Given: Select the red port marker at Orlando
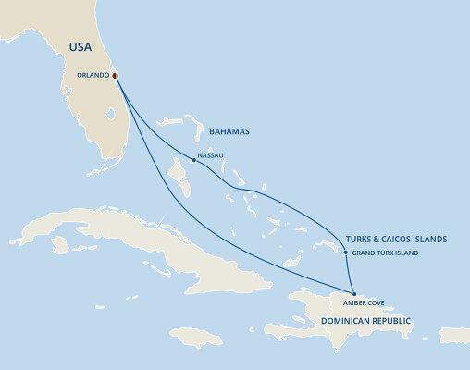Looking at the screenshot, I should [115, 75].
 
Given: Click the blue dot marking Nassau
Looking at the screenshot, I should [192, 160].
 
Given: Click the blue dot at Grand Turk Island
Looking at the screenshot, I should [345, 253].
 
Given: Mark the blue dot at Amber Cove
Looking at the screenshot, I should [353, 293].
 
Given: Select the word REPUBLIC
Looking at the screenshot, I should [390, 320].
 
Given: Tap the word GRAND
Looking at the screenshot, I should [364, 253].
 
